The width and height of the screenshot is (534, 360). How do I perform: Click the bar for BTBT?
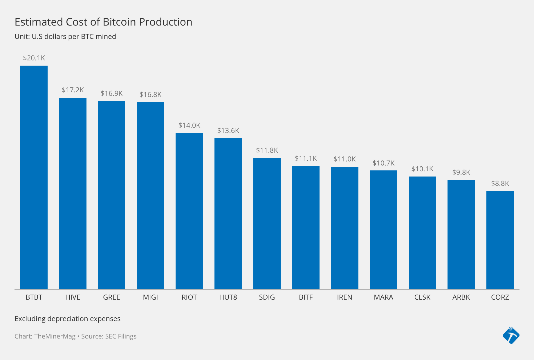(34, 177)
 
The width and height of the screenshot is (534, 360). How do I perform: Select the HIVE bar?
(73, 193)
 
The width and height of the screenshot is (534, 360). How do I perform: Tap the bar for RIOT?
(189, 211)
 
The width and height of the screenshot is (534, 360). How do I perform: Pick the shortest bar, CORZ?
(500, 240)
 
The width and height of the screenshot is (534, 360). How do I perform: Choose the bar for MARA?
(383, 229)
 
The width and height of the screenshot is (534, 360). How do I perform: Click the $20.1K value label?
(34, 58)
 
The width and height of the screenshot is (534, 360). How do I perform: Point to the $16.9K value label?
(112, 93)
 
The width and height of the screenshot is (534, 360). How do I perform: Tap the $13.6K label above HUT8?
(228, 131)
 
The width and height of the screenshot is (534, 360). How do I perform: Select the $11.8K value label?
(267, 150)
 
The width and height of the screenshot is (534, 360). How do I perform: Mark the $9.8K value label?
(461, 172)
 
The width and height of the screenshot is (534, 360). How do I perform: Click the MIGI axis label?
(150, 297)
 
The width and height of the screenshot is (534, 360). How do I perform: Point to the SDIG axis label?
(267, 297)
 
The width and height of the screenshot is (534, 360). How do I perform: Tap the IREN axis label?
(344, 297)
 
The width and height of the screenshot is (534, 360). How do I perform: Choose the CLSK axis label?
(422, 297)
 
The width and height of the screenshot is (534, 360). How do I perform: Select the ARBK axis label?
(461, 297)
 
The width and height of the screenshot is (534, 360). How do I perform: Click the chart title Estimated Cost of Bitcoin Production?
(103, 22)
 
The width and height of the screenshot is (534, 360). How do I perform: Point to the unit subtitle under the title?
(65, 37)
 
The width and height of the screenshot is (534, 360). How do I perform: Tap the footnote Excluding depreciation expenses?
(67, 319)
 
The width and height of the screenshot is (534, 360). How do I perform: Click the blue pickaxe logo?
(511, 335)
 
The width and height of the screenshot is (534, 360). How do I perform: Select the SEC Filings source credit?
(120, 336)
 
